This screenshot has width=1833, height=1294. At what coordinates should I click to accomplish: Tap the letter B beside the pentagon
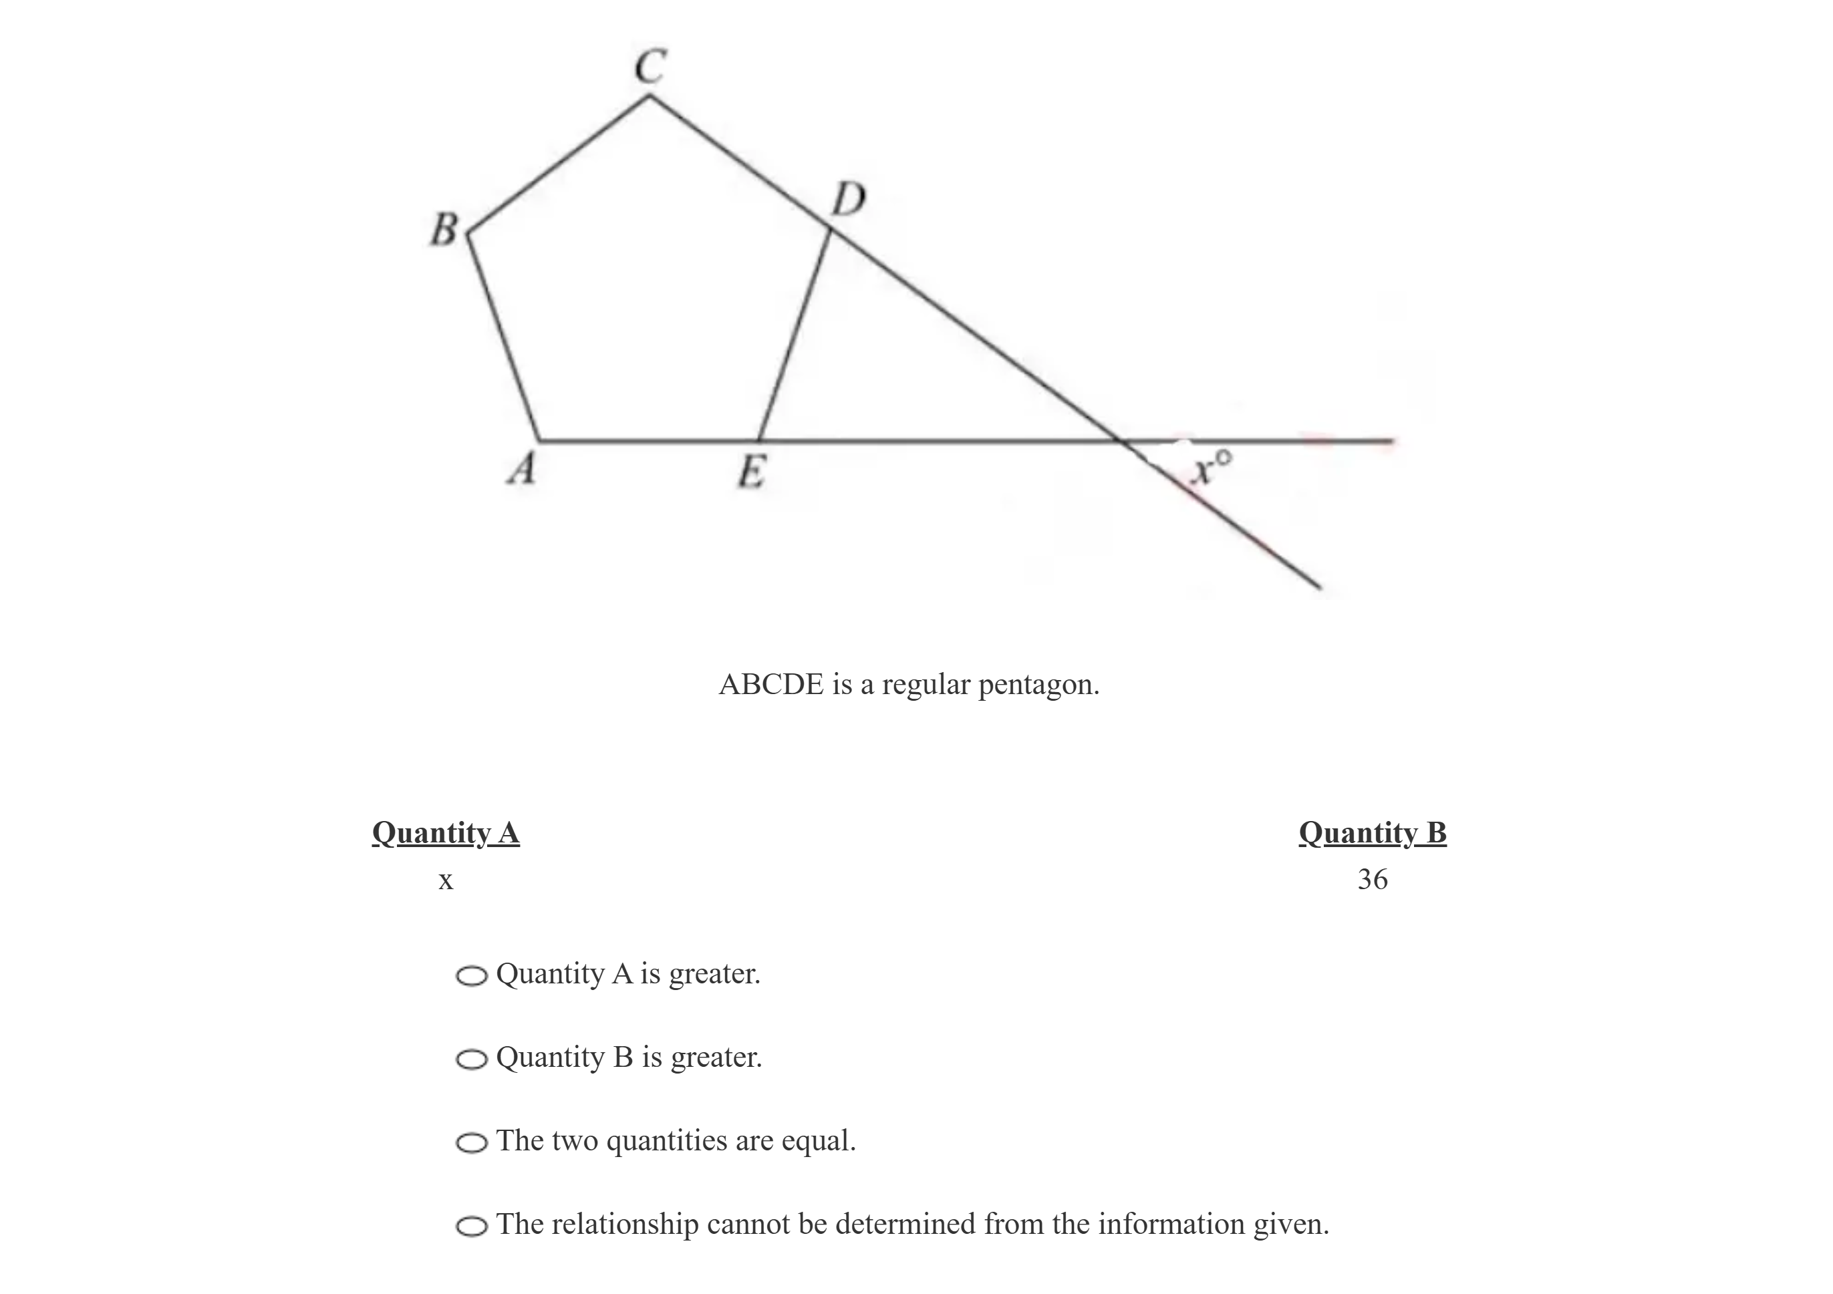[x=444, y=229]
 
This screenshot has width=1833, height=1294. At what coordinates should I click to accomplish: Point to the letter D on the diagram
[x=848, y=199]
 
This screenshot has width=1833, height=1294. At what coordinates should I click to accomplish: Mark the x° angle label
[x=1210, y=468]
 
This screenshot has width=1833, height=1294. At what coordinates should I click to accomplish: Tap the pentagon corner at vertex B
[x=468, y=234]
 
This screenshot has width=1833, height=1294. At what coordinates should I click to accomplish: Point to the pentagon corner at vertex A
[x=540, y=440]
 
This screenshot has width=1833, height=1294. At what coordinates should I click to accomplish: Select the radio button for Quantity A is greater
[x=471, y=975]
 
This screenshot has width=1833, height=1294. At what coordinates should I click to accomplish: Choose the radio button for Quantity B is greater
[x=471, y=1060]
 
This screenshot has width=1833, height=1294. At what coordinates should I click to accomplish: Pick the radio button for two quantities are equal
[x=471, y=1142]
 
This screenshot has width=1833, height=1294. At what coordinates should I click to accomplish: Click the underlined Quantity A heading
[x=446, y=832]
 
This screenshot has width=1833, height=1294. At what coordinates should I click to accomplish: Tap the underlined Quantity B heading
[x=1373, y=832]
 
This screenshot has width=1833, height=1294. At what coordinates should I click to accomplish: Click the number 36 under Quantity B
[x=1373, y=879]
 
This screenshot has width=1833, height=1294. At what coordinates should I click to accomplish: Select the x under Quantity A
[x=446, y=880]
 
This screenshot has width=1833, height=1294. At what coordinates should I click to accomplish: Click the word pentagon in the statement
[x=1038, y=685]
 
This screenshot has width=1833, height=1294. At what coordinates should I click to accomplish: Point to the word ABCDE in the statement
[x=771, y=684]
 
